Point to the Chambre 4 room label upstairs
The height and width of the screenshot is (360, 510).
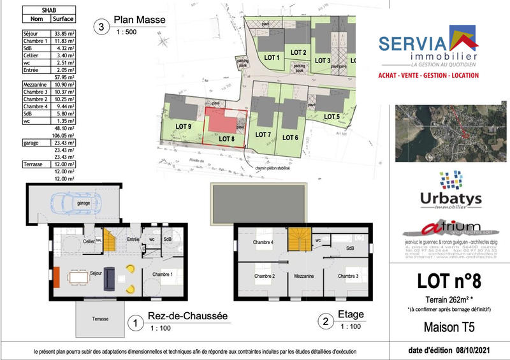pyautogui.click(x=263, y=242)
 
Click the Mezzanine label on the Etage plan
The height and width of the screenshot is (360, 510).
pyautogui.click(x=303, y=277)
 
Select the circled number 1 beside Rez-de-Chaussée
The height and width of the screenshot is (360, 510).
pyautogui.click(x=135, y=323)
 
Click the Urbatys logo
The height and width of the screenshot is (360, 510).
pyautogui.click(x=451, y=190)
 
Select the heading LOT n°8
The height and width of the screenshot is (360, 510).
pyautogui.click(x=450, y=280)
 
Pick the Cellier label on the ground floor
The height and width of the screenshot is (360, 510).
pyautogui.click(x=89, y=242)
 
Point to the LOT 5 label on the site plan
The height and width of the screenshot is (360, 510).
pyautogui.click(x=331, y=117)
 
